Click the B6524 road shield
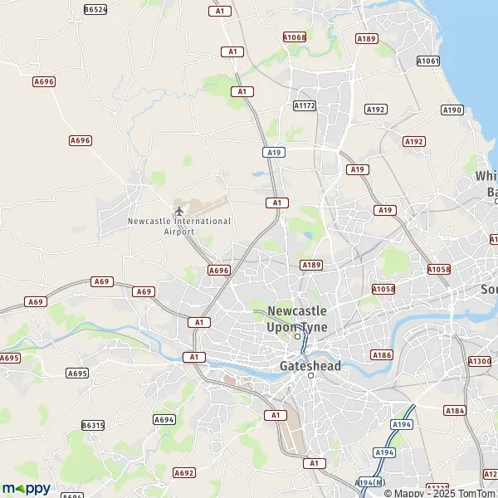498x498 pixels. pos(95,9)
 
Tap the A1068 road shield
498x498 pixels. pos(294,37)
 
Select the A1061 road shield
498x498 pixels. pos(428,61)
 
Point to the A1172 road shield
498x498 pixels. pos(305,105)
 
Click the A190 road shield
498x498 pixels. pos(452,110)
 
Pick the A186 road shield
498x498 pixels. pos(382,354)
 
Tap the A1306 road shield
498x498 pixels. pos(480,361)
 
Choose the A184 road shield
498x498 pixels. pos(455,410)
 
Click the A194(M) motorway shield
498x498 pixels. pos(370,482)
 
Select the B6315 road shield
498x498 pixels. pos(93,425)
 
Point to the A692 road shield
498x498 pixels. pos(183,472)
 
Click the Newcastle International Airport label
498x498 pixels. pos(179,227)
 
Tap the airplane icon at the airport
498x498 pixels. pos(178,209)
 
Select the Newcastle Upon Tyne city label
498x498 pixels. pos(297,319)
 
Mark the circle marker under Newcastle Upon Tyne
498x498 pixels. pos(297,336)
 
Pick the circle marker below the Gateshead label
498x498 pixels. pos(311,376)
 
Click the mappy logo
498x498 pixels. pos(27,488)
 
